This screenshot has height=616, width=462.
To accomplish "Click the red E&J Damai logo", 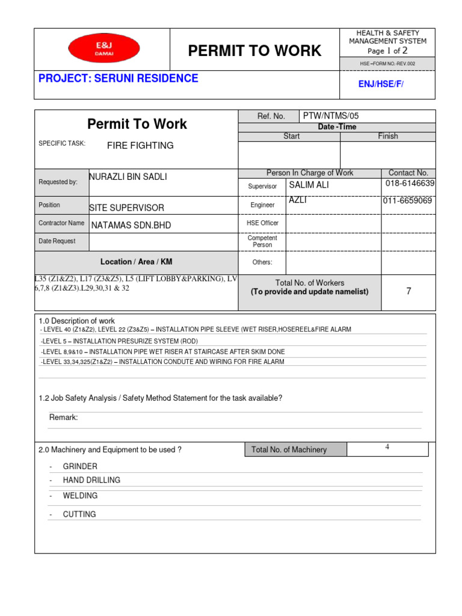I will [103, 48].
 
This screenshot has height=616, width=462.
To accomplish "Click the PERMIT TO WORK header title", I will [254, 51].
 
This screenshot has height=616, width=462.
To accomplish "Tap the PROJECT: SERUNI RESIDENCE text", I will [119, 78].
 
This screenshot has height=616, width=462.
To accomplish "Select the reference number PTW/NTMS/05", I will [331, 116].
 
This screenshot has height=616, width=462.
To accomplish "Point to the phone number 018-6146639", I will [410, 183].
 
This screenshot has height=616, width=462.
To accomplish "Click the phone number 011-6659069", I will [407, 201].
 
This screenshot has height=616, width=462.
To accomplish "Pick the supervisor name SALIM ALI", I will [309, 185].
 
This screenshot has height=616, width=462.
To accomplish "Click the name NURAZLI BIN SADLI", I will [128, 177].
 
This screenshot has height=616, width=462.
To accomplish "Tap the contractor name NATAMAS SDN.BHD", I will [131, 225].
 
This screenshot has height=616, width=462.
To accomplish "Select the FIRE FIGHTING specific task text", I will [140, 146].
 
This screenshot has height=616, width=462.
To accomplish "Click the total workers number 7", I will [408, 291].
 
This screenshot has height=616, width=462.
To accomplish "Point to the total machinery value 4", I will [387, 447].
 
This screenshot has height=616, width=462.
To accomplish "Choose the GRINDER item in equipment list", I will [80, 466].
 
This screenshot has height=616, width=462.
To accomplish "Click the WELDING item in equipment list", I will [80, 496].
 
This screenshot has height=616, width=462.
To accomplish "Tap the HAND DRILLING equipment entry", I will [91, 480].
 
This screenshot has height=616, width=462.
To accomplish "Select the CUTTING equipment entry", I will [79, 514].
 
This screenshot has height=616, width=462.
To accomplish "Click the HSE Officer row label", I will [262, 223].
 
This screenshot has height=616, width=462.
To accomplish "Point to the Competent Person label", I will [262, 242].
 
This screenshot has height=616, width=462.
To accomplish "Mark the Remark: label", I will [63, 417].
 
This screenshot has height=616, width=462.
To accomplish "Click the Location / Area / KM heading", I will [136, 262].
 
